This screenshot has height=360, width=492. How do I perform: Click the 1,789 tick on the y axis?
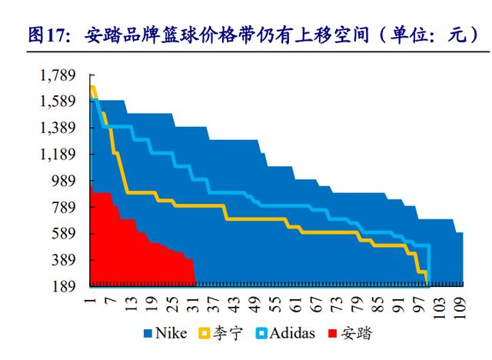pyautogui.click(x=58, y=75)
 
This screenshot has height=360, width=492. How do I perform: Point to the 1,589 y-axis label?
pyautogui.click(x=58, y=102)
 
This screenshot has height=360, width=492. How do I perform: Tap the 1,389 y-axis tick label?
pyautogui.click(x=58, y=128)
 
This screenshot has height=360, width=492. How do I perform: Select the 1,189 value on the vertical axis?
pyautogui.click(x=58, y=155)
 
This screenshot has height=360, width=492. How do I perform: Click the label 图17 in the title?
pyautogui.click(x=45, y=35)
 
